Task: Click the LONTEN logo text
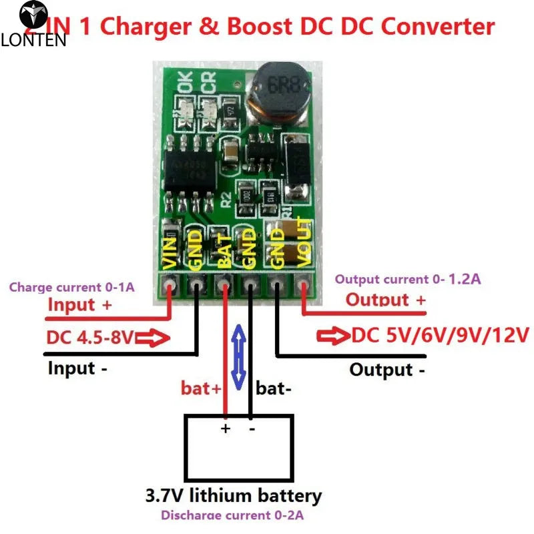pos(33,40)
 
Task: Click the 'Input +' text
pos(80,305)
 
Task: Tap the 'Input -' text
pos(77,368)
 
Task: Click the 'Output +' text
pos(385,300)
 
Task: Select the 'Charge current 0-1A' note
pos(71,288)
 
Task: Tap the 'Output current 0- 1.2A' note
pos(407,279)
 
